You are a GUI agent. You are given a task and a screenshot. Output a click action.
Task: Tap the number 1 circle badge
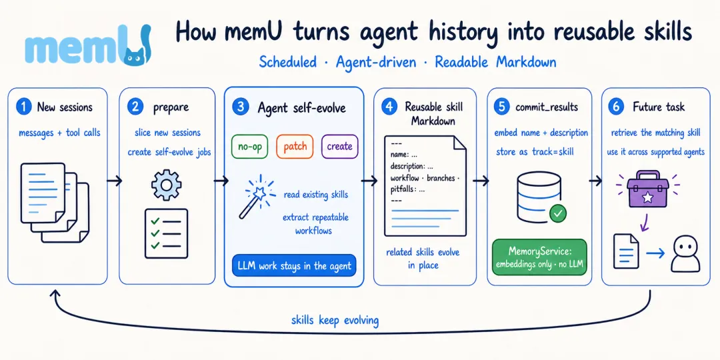coord(23,107)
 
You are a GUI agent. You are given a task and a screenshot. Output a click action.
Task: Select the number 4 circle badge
coord(389,107)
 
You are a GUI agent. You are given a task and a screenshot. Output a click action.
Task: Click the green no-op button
coord(249,147)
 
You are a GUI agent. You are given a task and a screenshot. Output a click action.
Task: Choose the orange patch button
coord(295,147)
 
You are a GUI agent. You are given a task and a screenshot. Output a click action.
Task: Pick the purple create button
coord(339,147)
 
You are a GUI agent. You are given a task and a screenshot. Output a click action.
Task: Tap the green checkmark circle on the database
coord(558,213)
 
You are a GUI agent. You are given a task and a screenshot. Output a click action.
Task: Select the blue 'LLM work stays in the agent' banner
coord(295,265)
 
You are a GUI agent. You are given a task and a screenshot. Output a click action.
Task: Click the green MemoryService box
coord(539,257)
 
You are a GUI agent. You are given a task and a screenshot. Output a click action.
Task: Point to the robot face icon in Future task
coord(685,255)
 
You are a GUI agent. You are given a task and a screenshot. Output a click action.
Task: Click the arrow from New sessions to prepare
coord(115,181)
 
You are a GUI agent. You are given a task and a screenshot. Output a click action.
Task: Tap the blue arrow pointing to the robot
coord(655,253)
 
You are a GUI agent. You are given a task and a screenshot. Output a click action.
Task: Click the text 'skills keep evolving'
coord(335,320)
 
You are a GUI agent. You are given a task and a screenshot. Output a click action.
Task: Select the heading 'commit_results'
coord(547,107)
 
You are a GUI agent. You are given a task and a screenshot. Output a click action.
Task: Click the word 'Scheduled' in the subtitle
coord(288,61)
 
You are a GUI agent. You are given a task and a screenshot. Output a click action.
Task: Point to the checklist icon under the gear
coord(166,234)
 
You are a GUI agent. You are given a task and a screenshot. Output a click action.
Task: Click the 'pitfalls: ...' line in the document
coord(408,189)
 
